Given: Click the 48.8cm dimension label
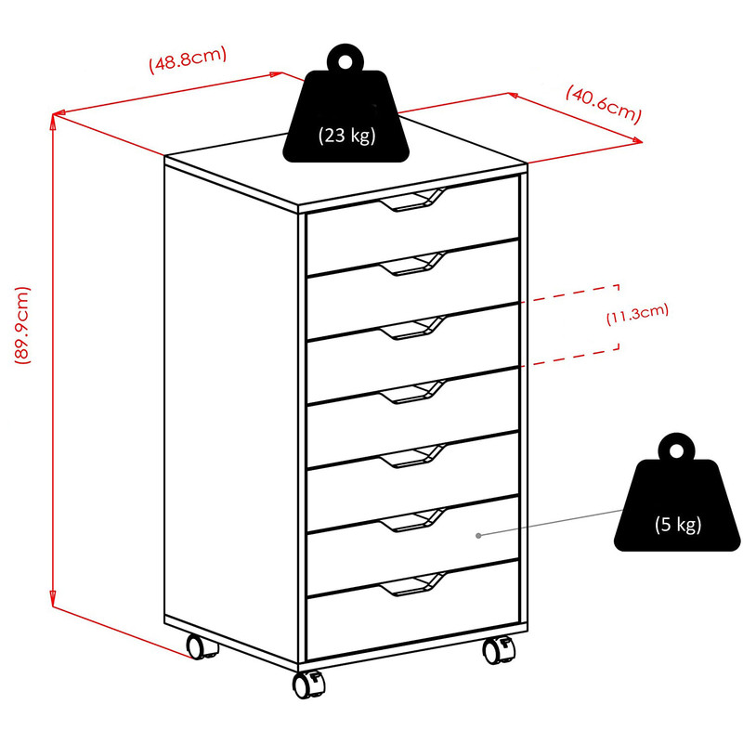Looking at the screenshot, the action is coord(189,59).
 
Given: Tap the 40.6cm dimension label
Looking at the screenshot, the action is coord(603,105).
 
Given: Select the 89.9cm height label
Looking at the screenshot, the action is coord(21,325).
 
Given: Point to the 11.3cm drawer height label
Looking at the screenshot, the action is coord(637,314).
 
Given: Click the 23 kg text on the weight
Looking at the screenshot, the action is coord(346,136).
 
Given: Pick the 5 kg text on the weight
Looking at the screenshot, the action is coord(678,525).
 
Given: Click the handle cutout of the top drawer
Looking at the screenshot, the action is coord(412,200).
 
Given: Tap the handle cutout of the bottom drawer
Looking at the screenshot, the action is coord(412,584).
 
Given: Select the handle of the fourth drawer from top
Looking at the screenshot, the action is coord(412,392).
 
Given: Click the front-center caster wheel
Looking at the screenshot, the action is coord(308,684).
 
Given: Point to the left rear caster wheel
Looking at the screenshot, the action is coord(201,645).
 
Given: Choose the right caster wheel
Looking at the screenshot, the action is coord(499,650).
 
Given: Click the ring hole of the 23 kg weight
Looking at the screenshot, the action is coord(345,61).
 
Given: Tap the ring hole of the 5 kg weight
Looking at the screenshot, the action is coord(677,450).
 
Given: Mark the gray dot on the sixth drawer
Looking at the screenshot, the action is coord(478,536).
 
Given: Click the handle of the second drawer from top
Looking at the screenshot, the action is coord(412,264).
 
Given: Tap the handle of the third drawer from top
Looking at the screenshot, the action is coord(412,328).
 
